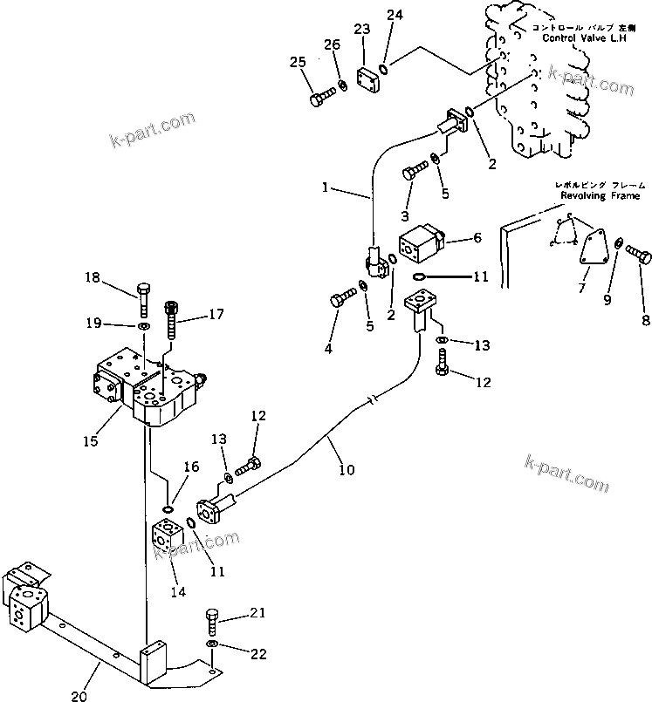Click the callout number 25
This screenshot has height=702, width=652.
tap(297, 62)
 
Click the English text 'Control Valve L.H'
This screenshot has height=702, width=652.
tap(578, 38)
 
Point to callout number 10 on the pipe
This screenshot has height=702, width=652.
tap(346, 470)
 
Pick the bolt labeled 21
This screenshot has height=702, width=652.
tap(212, 623)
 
